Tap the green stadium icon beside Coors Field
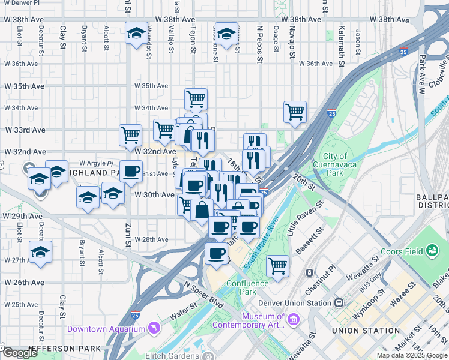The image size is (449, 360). coord(432,250)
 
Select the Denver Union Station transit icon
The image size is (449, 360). coord(340,302)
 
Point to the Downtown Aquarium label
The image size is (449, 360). coord(106,329)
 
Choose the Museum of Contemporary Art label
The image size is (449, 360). coord(263,321)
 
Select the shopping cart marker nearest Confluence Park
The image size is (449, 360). coord(277,265)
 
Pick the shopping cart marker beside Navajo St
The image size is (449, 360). coord(295,111)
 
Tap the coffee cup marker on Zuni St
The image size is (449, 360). coord(131,172)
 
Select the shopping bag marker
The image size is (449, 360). coord(202,211)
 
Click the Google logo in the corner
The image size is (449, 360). coord(20,353)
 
